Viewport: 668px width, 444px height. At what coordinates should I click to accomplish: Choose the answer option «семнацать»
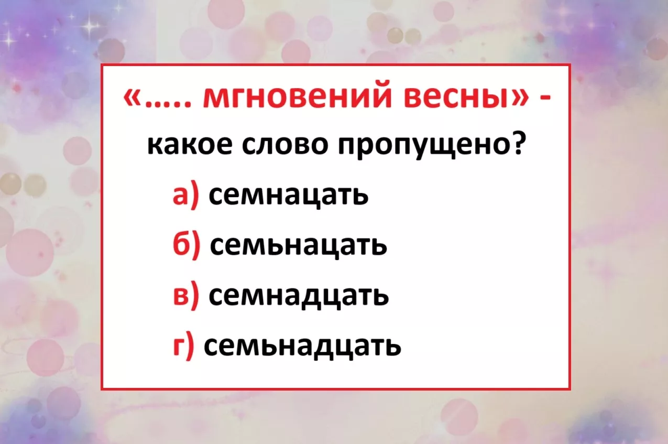[x=288, y=197]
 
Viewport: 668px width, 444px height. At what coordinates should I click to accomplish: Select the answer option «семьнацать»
[x=298, y=247]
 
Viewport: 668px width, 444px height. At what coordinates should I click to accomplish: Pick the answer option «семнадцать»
[x=299, y=296]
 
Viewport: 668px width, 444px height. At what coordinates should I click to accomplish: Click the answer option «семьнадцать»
[x=302, y=346]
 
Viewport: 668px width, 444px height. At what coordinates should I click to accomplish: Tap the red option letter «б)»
[x=186, y=245]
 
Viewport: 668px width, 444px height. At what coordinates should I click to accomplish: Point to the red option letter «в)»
[x=185, y=296]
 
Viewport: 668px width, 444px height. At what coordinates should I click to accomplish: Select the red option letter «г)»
[x=183, y=346]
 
